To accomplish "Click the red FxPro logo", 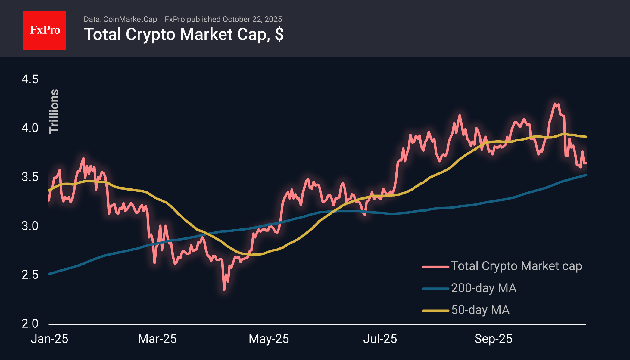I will pyautogui.click(x=45, y=30).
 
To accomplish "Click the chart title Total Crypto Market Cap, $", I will pyautogui.click(x=183, y=34).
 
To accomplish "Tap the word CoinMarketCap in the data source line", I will pyautogui.click(x=130, y=19).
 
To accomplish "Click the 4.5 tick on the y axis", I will pyautogui.click(x=30, y=79).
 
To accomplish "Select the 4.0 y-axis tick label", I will pyautogui.click(x=30, y=128).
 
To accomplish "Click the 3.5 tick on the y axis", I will pyautogui.click(x=30, y=177).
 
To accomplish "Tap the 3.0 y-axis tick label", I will pyautogui.click(x=30, y=226).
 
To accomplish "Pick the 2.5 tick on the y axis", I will pyautogui.click(x=30, y=275).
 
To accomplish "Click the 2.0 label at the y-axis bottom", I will pyautogui.click(x=30, y=324).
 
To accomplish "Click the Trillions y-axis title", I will pyautogui.click(x=54, y=111).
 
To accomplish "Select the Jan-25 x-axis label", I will pyautogui.click(x=49, y=339).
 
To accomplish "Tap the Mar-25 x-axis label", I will pyautogui.click(x=157, y=339).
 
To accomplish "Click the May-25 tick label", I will pyautogui.click(x=269, y=339).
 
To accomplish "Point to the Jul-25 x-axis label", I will pyautogui.click(x=380, y=339).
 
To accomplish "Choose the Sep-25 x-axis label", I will pyautogui.click(x=493, y=339).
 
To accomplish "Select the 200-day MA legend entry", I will pyautogui.click(x=484, y=288).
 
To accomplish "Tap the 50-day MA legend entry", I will pyautogui.click(x=480, y=310).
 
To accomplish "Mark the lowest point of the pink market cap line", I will pyautogui.click(x=224, y=290).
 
